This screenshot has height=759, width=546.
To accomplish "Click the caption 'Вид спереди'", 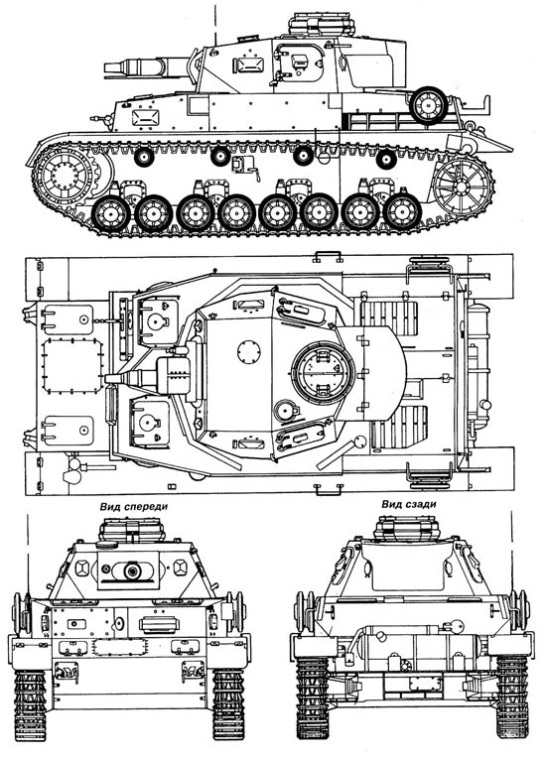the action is tap(134, 507).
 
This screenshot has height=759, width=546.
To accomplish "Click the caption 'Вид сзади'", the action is tap(408, 504).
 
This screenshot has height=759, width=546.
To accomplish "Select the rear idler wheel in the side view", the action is tap(463, 187).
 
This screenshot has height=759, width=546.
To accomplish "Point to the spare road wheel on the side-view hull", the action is tap(429, 105).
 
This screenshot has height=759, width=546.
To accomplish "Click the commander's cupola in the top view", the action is tap(324, 373).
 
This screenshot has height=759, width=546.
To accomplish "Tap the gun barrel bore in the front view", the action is tap(132, 571).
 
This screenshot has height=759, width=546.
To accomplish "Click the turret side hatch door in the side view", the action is tap(299, 62).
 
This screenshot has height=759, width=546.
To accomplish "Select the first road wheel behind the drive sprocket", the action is tap(111, 213).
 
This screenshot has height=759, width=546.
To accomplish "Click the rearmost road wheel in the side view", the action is tap(402, 212).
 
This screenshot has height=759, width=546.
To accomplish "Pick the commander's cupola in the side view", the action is tap(322, 24).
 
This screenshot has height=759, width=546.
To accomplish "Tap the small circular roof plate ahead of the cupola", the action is tap(249, 352).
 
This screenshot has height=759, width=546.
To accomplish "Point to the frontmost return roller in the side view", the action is tap(144, 157).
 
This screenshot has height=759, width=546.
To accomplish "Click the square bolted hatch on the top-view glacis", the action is tap(72, 366).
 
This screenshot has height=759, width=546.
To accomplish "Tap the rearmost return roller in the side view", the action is tap(386, 160).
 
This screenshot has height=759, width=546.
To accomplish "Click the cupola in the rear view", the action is tap(407, 528).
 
